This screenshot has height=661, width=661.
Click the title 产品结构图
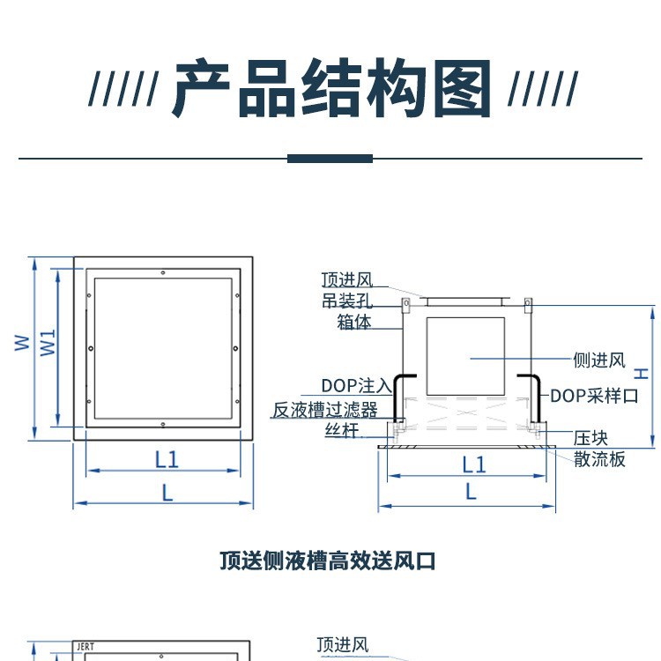pos(331,89)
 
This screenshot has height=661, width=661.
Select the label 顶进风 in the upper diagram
pos(347,280)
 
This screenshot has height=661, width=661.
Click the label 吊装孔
pos(347,301)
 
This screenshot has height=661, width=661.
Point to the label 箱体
pos(354,323)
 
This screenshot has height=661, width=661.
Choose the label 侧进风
pos(598,360)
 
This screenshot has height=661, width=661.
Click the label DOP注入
pos(355,385)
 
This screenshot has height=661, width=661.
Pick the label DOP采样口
pos(594,396)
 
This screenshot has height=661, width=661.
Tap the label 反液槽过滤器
pos(324,410)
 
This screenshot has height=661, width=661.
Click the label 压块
pos(590,438)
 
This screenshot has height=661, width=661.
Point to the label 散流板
pos(599,458)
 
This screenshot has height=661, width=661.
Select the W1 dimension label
pos(48,343)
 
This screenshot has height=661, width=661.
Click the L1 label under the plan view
pos(167,458)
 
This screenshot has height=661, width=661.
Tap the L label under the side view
pos(471,491)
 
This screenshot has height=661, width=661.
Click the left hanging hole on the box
pos(407,306)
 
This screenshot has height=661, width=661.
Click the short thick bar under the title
pos(330,159)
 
